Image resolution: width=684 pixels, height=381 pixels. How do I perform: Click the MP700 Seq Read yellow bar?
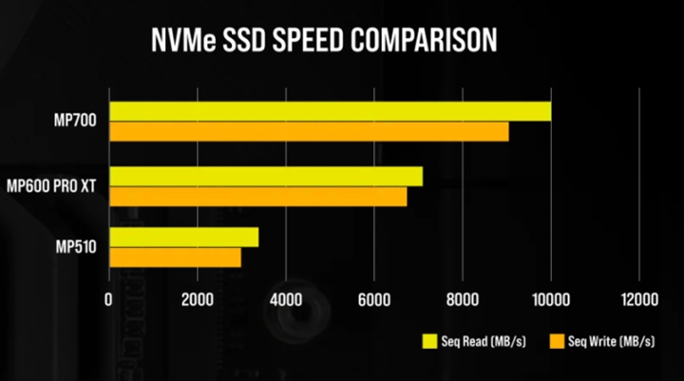[x=330, y=111]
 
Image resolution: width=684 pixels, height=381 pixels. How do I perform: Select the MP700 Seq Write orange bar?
[x=309, y=132]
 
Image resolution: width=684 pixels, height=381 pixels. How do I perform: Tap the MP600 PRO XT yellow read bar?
[x=265, y=176]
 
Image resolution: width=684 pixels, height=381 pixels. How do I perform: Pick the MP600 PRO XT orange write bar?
[x=257, y=197]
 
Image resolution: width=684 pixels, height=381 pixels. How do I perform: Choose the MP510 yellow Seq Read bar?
[x=183, y=237]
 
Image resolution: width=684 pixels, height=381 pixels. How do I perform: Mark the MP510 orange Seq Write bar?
[x=175, y=257]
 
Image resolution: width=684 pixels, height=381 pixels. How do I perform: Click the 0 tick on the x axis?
[x=108, y=299]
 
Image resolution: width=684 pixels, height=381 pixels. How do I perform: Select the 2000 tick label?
[x=197, y=299]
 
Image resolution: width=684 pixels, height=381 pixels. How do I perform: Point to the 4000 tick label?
[x=285, y=299]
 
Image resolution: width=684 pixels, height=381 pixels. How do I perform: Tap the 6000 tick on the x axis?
[x=373, y=299]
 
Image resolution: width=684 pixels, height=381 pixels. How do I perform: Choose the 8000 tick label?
[x=462, y=299]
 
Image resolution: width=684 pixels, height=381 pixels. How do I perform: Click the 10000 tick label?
[x=550, y=299]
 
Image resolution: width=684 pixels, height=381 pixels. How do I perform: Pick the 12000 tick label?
[x=638, y=299]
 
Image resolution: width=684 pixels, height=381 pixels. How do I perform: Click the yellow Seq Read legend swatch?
[x=430, y=340]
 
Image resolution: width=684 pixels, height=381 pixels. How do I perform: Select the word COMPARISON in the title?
[x=419, y=41]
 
